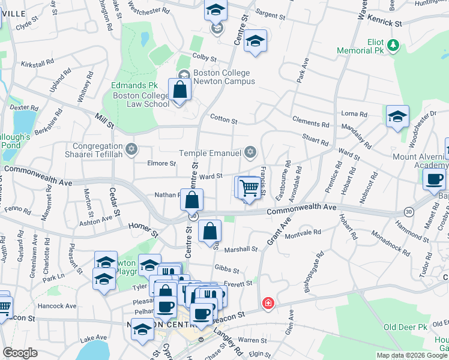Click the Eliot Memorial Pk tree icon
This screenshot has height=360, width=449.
point(393,45)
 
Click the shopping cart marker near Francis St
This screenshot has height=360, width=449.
point(249,187)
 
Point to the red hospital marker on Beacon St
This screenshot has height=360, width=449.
point(268,304)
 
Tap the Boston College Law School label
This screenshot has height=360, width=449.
point(141,99)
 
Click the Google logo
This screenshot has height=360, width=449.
point(20,353)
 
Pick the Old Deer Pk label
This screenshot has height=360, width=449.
point(405,327)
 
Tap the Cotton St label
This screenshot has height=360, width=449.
point(223,118)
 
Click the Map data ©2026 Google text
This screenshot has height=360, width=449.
point(412,355)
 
